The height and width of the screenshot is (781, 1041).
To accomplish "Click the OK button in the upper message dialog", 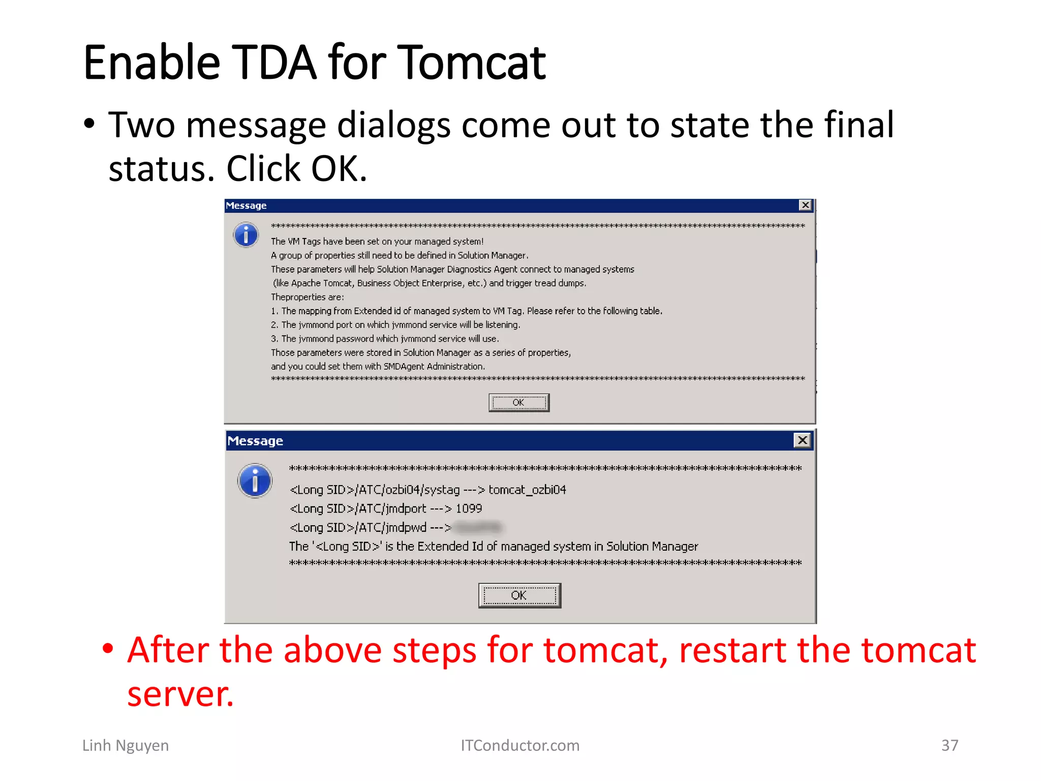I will (x=518, y=403).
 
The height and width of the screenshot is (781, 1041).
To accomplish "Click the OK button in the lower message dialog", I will (x=519, y=595).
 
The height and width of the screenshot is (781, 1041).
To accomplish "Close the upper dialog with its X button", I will (x=805, y=205).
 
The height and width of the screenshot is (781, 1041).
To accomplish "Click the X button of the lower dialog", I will (x=802, y=440).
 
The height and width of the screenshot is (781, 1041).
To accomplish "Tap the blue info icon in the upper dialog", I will (x=246, y=235).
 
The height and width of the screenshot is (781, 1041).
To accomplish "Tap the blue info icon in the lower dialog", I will (x=255, y=480).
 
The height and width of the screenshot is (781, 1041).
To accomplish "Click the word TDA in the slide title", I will (x=274, y=63).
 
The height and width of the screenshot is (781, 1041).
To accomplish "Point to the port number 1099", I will (x=469, y=508).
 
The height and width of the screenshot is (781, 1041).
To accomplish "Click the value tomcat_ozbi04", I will (x=527, y=490).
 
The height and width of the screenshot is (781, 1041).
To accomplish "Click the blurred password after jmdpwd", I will (x=478, y=528).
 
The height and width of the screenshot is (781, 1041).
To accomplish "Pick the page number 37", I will (x=950, y=745).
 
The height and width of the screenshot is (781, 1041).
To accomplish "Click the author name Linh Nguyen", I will (x=126, y=745).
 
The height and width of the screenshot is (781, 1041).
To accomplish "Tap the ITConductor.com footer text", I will (x=520, y=745).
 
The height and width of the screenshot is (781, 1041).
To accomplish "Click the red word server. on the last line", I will (x=180, y=695).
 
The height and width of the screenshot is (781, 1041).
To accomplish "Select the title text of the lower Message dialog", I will (x=255, y=441).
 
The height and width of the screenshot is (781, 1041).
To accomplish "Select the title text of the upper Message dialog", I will (x=246, y=205).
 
